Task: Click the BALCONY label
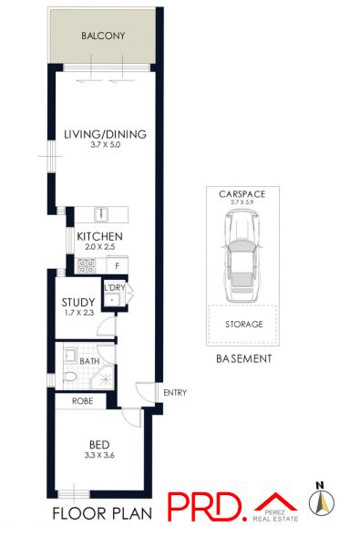[x=102, y=37]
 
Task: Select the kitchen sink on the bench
[x=103, y=215]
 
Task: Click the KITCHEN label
[x=99, y=237]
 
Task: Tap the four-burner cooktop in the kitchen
[x=87, y=266]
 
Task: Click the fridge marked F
[x=118, y=265]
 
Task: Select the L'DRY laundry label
[x=113, y=287]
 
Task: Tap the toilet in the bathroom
[x=69, y=376]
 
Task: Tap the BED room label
[x=99, y=445]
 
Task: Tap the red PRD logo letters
[x=206, y=506]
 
